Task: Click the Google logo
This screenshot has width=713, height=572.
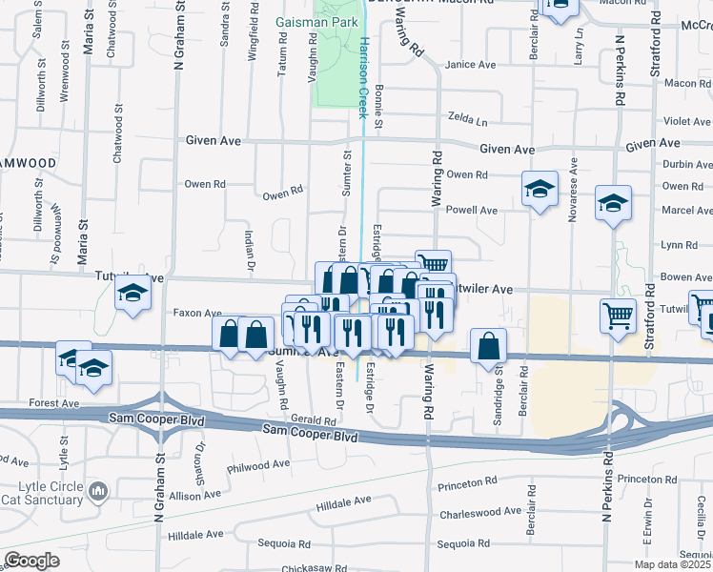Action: pyautogui.click(x=31, y=561)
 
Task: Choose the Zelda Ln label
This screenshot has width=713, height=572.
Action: pyautogui.click(x=468, y=122)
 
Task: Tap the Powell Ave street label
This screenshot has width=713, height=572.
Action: pyautogui.click(x=472, y=210)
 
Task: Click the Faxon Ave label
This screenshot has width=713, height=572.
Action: pyautogui.click(x=197, y=312)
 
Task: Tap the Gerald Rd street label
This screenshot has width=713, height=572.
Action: pyautogui.click(x=315, y=420)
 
